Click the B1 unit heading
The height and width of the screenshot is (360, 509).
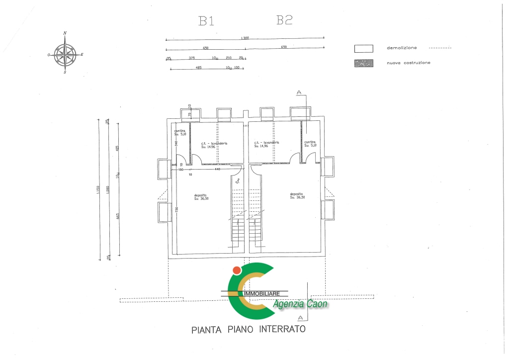pos(206,21)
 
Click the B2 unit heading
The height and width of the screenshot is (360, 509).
pos(284,20)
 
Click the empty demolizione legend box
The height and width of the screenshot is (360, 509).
pos(363,49)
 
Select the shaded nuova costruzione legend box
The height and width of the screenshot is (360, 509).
pos(363,64)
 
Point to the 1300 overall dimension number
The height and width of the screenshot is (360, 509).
pos(245,38)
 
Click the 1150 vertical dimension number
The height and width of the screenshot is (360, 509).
pos(98,190)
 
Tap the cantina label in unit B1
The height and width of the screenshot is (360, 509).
pos(179,131)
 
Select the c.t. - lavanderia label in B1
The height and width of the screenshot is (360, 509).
pos(214,143)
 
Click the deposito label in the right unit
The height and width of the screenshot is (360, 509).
pos(296,195)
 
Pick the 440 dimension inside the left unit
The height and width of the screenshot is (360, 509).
pos(217,170)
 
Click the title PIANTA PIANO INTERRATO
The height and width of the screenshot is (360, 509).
pos(248,330)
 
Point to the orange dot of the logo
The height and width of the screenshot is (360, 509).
pos(237,270)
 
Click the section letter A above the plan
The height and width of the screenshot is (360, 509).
pos(299,92)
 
